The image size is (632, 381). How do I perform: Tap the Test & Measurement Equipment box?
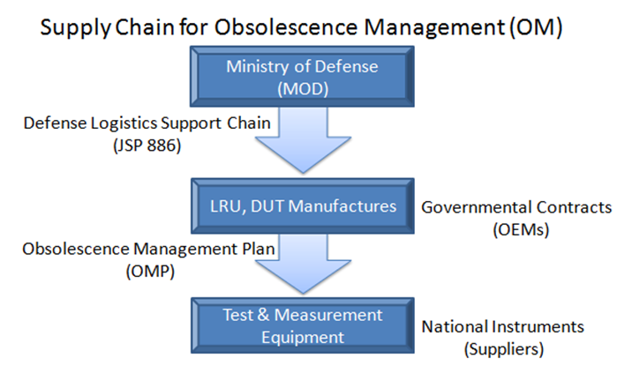(x=302, y=325)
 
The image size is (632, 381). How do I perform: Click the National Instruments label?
(x=503, y=326)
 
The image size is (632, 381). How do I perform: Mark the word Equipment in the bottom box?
(x=302, y=336)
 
